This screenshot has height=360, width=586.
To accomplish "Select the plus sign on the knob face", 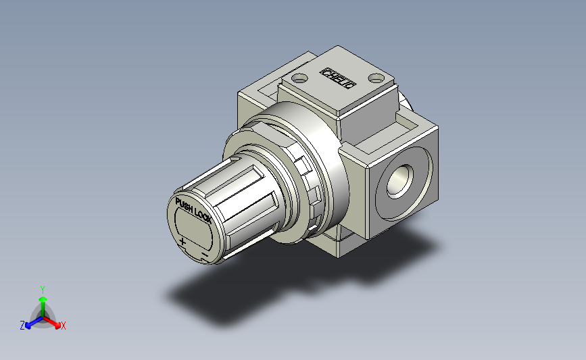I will tap(182, 242).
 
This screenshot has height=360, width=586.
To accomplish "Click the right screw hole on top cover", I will tap(376, 77).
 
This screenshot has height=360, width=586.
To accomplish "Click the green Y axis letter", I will tap(43, 288).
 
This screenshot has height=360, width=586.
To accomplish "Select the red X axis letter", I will tap(64, 326).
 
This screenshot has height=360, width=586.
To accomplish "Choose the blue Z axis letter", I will tap(22, 326).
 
